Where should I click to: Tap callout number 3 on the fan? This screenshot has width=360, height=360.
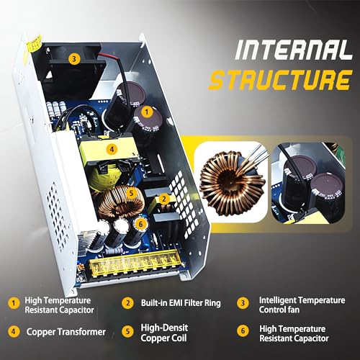tap(73, 60)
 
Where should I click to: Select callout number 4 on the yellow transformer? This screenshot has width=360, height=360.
tap(111, 150)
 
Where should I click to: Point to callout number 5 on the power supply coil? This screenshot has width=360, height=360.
tap(132, 193)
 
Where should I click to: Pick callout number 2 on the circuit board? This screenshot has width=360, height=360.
tap(164, 199)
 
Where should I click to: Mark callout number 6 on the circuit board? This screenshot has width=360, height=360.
tap(141, 224)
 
